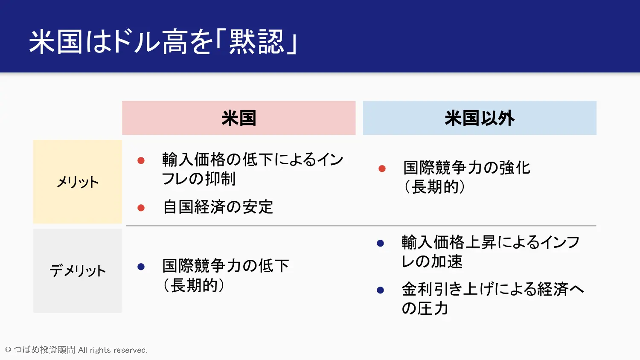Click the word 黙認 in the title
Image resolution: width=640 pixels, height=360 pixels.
point(256,42)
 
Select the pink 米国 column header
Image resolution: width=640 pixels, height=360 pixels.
point(239,118)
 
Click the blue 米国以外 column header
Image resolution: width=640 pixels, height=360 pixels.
point(480,118)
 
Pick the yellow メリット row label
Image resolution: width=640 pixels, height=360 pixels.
point(77,182)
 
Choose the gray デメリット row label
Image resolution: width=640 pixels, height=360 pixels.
point(77,270)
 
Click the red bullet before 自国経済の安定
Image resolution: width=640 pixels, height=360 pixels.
point(141,208)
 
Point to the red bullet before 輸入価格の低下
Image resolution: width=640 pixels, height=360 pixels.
point(141,160)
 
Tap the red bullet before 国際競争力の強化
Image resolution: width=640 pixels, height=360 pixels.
point(382,168)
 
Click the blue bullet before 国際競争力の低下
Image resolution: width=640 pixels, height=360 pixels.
point(141,267)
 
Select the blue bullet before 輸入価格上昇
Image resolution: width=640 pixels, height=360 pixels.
point(380,243)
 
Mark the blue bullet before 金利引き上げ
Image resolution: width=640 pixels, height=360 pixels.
point(380,290)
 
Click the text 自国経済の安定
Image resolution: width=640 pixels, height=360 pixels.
point(218,207)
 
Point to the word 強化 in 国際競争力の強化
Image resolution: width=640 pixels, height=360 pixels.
point(515,168)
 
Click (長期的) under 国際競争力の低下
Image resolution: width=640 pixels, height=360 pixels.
point(194,285)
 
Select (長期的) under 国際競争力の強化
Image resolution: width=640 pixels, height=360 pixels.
point(435,187)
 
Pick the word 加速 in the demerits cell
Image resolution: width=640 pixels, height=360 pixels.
point(447,261)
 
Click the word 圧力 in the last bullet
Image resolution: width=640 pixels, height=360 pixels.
point(433,308)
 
